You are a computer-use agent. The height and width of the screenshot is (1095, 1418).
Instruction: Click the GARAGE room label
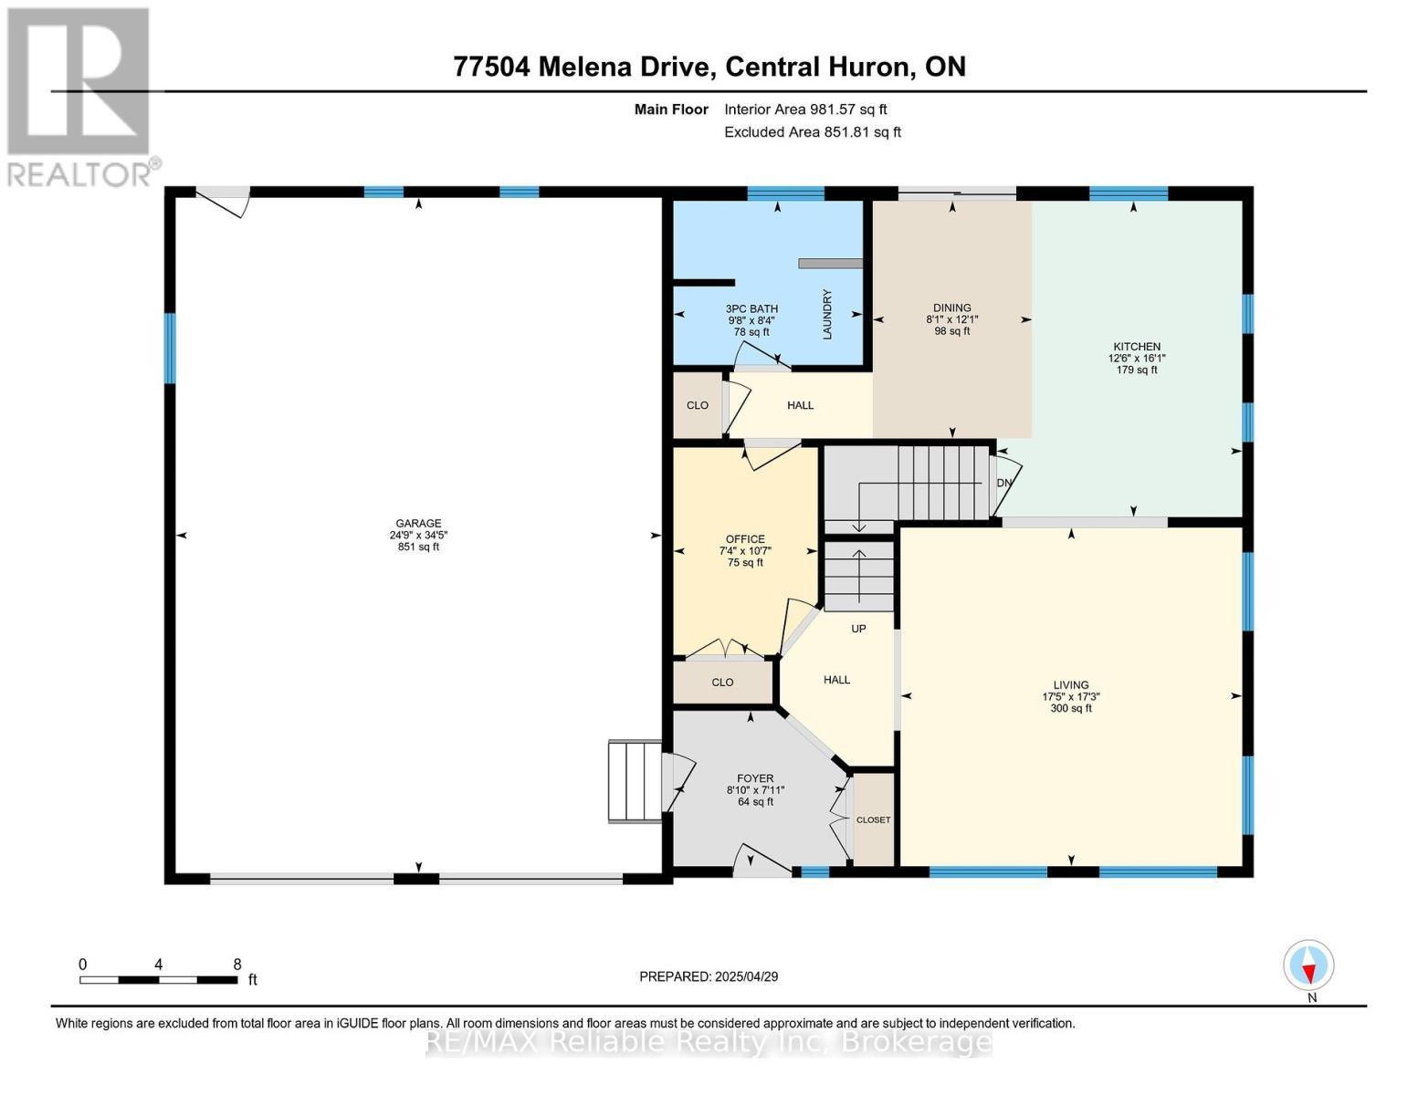(418, 524)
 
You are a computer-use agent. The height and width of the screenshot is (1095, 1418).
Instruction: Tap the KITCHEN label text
(1136, 347)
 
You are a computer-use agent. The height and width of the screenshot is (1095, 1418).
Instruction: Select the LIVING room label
(1070, 684)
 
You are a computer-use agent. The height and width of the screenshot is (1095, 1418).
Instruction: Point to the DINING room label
(951, 308)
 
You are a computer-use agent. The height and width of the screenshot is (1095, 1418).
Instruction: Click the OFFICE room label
(745, 539)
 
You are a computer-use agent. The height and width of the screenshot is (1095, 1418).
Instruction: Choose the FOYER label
(755, 778)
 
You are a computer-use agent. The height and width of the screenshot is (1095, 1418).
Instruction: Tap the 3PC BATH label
(751, 309)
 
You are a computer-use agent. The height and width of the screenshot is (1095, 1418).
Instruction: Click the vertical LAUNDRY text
(827, 314)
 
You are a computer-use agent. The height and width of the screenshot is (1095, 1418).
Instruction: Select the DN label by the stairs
(1004, 483)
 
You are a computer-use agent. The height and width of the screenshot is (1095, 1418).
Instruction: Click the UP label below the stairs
(858, 629)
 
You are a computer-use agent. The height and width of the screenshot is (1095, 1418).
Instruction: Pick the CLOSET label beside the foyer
(873, 819)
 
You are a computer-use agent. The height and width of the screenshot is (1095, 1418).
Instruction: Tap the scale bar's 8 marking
(237, 965)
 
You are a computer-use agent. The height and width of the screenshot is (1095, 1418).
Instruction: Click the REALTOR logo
(80, 96)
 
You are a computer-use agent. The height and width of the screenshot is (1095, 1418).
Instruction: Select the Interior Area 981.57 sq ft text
(805, 109)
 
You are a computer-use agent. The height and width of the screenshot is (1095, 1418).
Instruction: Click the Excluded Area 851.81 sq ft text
(813, 132)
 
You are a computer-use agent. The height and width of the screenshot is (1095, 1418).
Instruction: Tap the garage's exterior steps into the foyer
(635, 781)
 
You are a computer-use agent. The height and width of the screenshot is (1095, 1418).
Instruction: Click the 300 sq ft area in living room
(1070, 708)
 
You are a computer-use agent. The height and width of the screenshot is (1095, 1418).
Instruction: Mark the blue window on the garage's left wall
(169, 348)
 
